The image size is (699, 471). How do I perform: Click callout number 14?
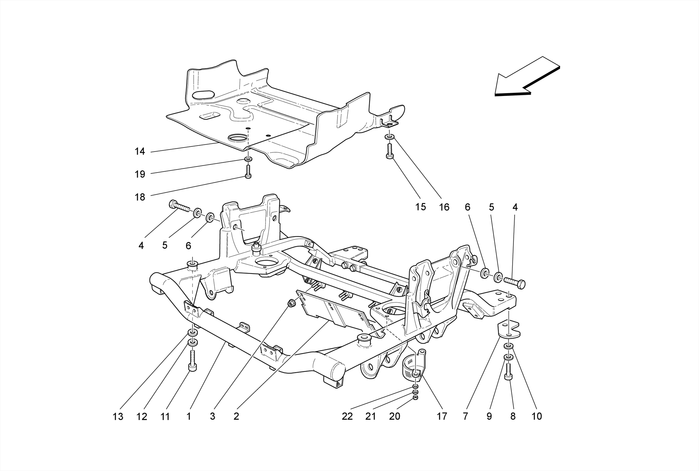tap(140, 151)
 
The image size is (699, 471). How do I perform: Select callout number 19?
tap(140, 174)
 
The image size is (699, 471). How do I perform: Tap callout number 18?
tap(140, 197)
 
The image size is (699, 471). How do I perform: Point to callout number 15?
tap(420, 207)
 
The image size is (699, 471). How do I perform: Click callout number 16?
tap(444, 207)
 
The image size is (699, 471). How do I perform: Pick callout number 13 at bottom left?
tap(118, 417)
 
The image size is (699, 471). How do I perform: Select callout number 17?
tap(442, 416)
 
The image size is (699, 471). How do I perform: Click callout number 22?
tap(347, 416)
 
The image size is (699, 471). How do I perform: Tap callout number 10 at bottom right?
tap(537, 416)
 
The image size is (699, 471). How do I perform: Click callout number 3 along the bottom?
tap(212, 417)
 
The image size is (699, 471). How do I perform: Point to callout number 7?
tap(465, 416)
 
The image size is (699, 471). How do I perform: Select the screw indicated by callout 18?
tap(248, 171)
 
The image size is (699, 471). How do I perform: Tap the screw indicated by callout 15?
tap(390, 151)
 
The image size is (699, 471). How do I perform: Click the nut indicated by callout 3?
tap(291, 303)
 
